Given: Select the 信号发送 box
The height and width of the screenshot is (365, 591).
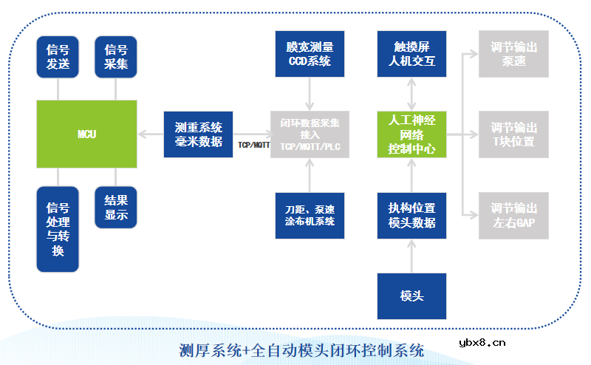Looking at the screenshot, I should [x=58, y=57].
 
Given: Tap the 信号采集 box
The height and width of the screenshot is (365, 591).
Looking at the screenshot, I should [x=116, y=57].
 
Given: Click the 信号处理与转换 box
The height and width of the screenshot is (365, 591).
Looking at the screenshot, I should [x=58, y=229].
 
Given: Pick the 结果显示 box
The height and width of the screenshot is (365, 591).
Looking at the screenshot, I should [x=116, y=208].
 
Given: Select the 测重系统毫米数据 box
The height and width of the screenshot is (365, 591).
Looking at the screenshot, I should [x=198, y=134].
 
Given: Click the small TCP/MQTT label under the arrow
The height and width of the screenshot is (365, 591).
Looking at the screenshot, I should [x=253, y=146].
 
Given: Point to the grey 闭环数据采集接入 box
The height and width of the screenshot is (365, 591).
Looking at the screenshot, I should [x=310, y=134].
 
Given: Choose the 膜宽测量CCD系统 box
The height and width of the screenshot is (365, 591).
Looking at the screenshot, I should [x=310, y=55].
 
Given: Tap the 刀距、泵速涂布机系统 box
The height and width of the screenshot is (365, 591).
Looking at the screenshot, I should [x=310, y=214].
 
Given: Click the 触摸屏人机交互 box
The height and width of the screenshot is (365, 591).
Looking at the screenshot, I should [x=412, y=55].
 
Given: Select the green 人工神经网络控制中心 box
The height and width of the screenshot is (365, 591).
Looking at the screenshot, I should [x=412, y=134].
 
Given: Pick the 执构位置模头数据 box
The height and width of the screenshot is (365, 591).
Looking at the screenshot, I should [x=412, y=215].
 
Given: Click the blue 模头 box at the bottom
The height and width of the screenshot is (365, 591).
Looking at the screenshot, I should [x=412, y=296].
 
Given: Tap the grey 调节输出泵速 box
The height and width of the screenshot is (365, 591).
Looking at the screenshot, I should [x=513, y=55].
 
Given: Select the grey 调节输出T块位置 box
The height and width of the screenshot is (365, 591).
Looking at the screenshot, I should [x=513, y=134].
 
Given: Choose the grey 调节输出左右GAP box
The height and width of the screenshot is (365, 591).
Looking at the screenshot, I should [x=513, y=215].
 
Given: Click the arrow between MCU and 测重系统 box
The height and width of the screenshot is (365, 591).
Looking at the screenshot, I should [x=150, y=134].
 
